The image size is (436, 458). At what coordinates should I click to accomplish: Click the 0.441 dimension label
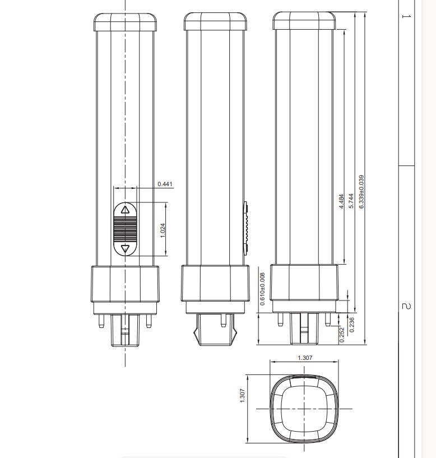(x=165, y=184)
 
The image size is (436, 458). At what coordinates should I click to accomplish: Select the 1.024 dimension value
(x=163, y=230)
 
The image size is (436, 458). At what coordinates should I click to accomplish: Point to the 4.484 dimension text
(x=341, y=201)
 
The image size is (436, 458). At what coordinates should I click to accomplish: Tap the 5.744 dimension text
(x=351, y=201)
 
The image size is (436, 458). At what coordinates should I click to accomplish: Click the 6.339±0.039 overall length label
(x=361, y=192)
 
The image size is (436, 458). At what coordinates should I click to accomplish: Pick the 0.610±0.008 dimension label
(x=262, y=289)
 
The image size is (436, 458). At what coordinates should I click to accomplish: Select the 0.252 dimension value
(x=342, y=335)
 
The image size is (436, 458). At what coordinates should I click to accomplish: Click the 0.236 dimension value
(x=351, y=325)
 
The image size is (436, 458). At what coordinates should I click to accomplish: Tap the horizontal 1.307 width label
(x=305, y=358)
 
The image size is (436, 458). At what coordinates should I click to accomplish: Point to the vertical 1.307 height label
(x=243, y=395)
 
